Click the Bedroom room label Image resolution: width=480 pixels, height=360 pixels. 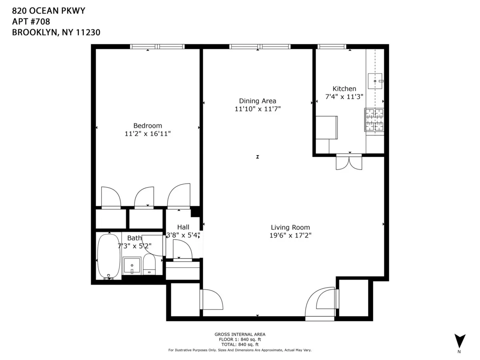148,125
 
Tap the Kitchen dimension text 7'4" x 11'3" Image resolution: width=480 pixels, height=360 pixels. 344,96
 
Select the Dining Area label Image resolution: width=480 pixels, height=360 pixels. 258,101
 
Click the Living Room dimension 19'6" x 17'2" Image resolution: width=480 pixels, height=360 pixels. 290,236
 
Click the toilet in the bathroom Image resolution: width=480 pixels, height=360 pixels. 149,265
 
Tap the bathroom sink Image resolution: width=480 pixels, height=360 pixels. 132,266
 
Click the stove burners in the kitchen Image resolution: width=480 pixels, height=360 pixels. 374,120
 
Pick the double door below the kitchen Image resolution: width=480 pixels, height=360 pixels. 349,162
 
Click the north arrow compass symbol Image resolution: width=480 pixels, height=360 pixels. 460,341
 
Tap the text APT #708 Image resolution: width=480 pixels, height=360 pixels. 31,22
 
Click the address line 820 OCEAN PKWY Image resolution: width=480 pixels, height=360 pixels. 48,11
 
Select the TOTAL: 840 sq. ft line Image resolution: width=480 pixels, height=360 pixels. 240,344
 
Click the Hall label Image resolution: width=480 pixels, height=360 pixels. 183,227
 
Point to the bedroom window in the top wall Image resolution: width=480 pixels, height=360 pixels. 157,47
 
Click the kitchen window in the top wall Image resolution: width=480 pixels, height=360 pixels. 332,47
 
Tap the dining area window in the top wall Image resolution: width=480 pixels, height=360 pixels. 260,47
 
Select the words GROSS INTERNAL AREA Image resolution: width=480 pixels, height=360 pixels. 240,334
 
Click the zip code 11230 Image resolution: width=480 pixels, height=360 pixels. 88,32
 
